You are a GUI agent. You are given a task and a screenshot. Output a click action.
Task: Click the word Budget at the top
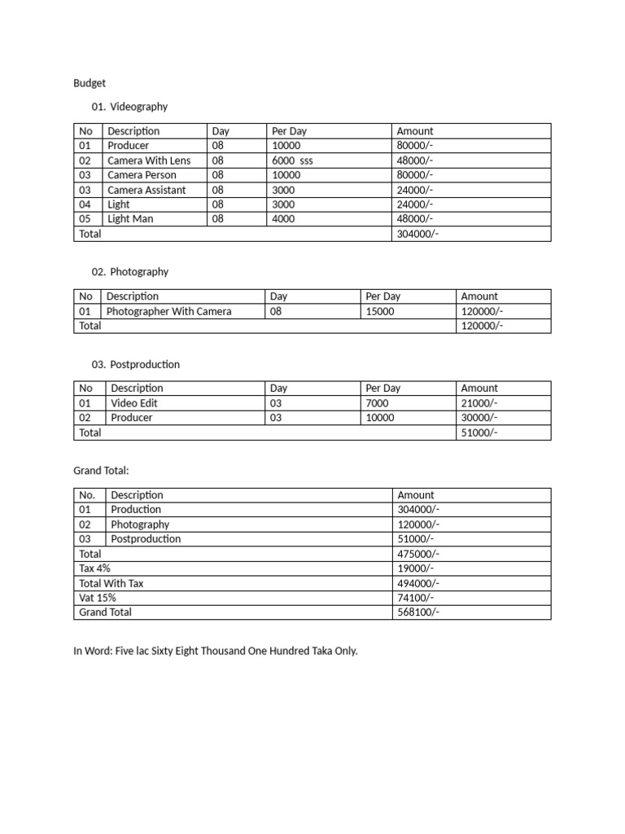tap(90, 83)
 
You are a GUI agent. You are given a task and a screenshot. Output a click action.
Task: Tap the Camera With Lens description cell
tap(149, 160)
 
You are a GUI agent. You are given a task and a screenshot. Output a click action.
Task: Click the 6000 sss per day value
tap(292, 160)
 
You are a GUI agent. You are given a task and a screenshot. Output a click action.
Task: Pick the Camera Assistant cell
tap(146, 190)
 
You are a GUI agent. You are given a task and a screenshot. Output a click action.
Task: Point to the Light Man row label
tap(130, 219)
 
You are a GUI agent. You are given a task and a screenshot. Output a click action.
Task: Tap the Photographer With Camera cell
tap(168, 311)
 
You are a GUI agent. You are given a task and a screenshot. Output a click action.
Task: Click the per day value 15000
tap(380, 311)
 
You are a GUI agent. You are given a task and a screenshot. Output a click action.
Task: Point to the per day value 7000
tap(378, 403)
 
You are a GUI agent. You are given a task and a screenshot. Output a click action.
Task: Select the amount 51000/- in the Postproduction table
tap(479, 432)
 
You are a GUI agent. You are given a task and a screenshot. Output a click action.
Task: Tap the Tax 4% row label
tap(95, 568)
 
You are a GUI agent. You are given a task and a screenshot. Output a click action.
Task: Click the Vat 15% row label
tap(98, 598)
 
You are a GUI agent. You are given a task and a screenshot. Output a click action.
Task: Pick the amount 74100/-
tap(416, 598)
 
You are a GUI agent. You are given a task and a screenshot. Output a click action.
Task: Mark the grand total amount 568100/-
tap(418, 612)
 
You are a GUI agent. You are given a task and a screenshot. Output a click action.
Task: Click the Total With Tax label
tap(111, 583)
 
